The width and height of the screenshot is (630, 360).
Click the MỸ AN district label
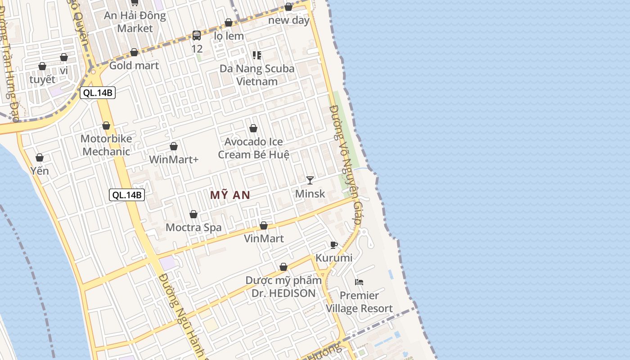point(230,195)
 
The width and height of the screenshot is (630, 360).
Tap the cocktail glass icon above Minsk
point(310,180)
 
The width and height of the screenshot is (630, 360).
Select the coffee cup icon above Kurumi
point(333,245)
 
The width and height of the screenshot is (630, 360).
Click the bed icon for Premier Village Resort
point(359,282)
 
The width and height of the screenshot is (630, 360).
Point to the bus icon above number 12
point(197,36)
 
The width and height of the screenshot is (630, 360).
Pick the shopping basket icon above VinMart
point(264,225)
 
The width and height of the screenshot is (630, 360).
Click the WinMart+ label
point(174,159)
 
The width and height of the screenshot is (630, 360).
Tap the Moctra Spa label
point(193,227)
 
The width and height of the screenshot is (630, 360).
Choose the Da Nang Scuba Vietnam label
point(257,75)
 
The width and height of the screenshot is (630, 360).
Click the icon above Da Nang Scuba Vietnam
point(257,55)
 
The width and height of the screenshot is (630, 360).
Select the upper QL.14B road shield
point(98,93)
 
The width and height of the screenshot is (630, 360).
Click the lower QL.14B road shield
point(127,195)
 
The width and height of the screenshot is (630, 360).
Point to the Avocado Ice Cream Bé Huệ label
point(253,148)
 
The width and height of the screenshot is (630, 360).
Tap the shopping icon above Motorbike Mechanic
point(106,126)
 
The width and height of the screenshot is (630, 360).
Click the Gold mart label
point(134,66)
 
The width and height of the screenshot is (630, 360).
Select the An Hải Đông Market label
point(135,22)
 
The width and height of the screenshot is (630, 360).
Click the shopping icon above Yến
point(40,157)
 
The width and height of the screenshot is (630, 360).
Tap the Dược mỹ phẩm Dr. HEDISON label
point(283,287)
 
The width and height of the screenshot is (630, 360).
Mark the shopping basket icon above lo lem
point(229,22)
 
